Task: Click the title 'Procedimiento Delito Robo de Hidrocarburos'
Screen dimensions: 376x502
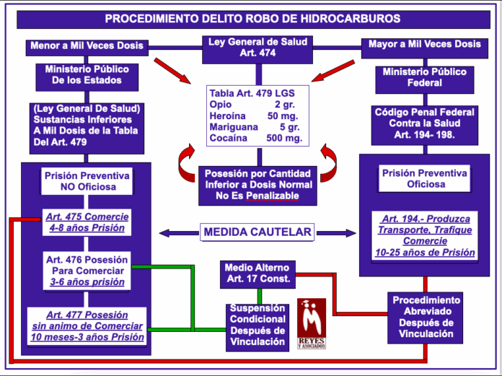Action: (x=251, y=19)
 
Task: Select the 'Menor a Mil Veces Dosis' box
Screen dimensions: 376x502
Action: (x=87, y=45)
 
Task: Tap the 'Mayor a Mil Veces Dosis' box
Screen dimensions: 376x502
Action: (x=424, y=45)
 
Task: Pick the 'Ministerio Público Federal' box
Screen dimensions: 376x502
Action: (x=424, y=78)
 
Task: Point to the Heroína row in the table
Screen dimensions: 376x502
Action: (x=256, y=115)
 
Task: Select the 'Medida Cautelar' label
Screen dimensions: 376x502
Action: (x=257, y=232)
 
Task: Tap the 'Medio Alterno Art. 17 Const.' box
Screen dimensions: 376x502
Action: (x=257, y=273)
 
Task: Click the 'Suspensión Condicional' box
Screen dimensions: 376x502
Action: (x=257, y=325)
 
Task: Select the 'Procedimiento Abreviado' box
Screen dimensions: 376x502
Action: (x=424, y=317)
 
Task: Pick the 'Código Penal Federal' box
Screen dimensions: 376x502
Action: (x=424, y=123)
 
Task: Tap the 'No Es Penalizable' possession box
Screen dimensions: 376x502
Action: (x=257, y=184)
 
